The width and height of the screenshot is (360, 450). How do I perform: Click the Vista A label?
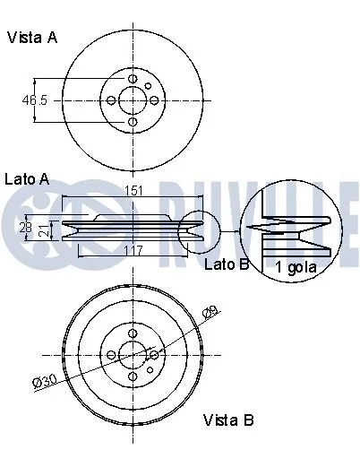[32, 38]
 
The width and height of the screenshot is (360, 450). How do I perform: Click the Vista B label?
[228, 420]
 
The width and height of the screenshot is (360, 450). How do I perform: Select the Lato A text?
[27, 178]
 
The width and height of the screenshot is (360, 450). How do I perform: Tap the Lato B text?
[226, 264]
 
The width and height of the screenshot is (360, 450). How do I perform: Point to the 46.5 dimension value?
[35, 100]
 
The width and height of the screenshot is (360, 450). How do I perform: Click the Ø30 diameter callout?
[44, 381]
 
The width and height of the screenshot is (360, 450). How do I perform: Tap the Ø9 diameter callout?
[210, 311]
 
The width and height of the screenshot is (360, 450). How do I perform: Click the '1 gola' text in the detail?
[296, 266]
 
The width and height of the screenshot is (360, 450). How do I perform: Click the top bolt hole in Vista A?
[132, 80]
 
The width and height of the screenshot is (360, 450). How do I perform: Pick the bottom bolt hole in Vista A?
[132, 121]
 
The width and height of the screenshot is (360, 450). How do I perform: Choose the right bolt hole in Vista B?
[153, 355]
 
